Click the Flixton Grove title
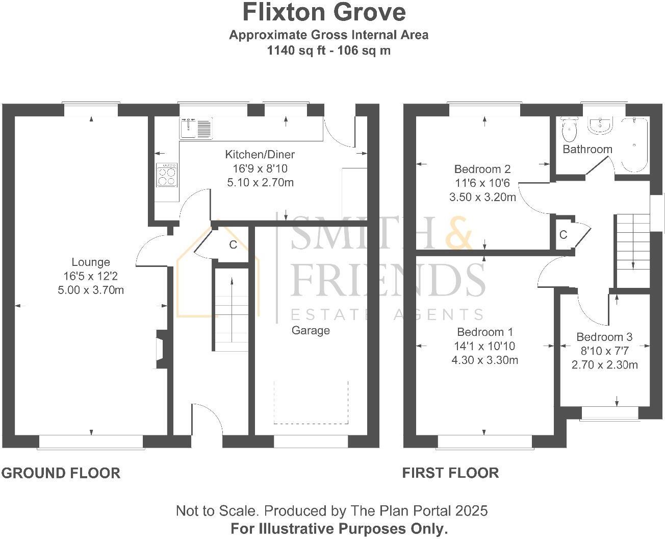(324, 12)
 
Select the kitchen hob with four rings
(167, 175)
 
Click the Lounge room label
(91, 262)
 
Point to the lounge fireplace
(161, 349)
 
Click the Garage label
(311, 331)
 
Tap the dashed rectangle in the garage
(311, 402)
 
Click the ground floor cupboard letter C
(233, 245)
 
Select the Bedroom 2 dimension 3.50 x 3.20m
(482, 197)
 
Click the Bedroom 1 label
(485, 332)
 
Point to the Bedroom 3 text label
(604, 337)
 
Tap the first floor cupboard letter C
(564, 235)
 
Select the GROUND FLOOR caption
(61, 473)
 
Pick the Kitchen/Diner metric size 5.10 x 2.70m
(260, 182)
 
